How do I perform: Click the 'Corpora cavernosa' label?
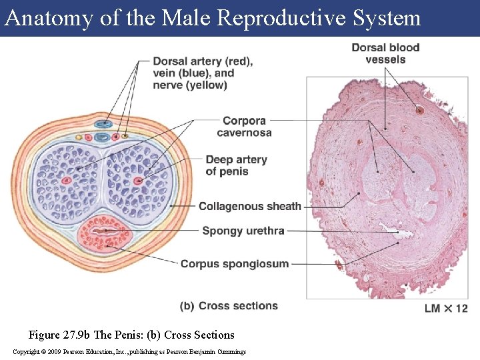tap(244, 127)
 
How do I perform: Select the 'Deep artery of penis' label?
tap(236, 165)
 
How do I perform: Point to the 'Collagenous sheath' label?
tap(250, 207)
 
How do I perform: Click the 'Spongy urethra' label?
tap(243, 231)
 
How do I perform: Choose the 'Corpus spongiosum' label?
tap(235, 263)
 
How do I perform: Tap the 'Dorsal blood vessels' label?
tap(385, 53)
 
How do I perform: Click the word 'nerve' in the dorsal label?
tap(168, 85)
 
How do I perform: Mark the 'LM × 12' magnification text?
tap(446, 308)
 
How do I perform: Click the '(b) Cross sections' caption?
tap(229, 306)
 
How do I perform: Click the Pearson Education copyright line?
tap(129, 351)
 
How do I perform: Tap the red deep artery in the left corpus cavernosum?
tap(66, 181)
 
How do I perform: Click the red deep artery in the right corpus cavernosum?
tap(138, 181)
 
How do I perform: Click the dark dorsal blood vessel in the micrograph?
tap(419, 110)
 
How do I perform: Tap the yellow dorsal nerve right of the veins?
tap(125, 136)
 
